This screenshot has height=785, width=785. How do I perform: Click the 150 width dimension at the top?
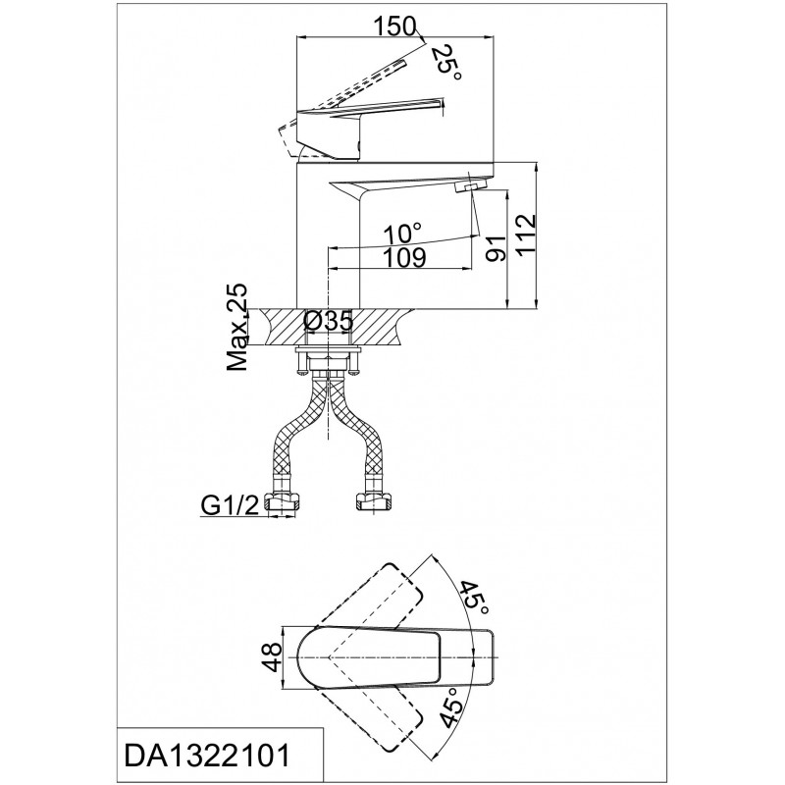[x=394, y=26]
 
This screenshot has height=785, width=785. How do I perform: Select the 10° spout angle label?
[x=402, y=234]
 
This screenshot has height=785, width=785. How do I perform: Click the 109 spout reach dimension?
[x=404, y=257]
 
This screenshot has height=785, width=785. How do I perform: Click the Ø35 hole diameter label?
[x=329, y=322]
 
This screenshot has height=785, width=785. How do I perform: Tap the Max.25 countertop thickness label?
[x=236, y=327]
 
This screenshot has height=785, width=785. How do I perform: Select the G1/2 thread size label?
[x=230, y=506]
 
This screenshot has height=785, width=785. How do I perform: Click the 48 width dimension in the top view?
[x=273, y=657]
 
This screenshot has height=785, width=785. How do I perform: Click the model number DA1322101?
[x=207, y=756]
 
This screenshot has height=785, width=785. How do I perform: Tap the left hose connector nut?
[x=284, y=502]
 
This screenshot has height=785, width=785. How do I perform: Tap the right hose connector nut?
[x=373, y=502]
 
